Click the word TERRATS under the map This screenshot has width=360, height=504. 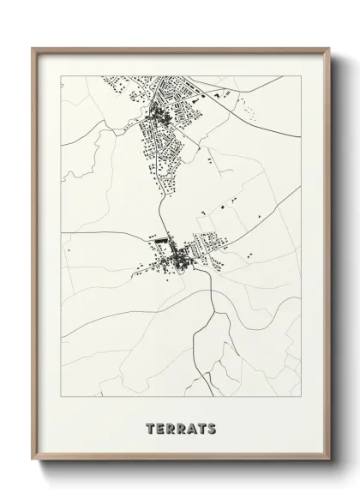[180, 428]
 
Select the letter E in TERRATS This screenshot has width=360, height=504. [159, 428]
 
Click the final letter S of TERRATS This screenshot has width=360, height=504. [210, 428]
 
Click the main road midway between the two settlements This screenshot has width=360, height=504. [159, 201]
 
